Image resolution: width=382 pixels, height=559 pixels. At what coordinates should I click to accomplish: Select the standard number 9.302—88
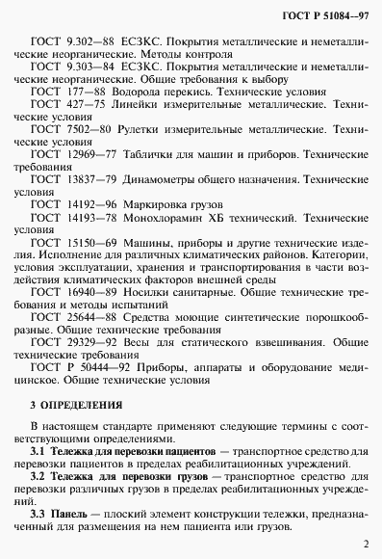click(90, 43)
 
